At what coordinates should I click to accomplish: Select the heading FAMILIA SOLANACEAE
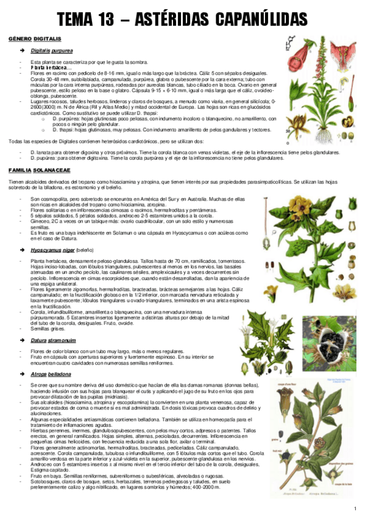pyautogui.click(x=39, y=170)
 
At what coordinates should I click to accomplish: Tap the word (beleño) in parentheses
pyautogui.click(x=85, y=250)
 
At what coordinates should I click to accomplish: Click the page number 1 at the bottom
pyautogui.click(x=355, y=508)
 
